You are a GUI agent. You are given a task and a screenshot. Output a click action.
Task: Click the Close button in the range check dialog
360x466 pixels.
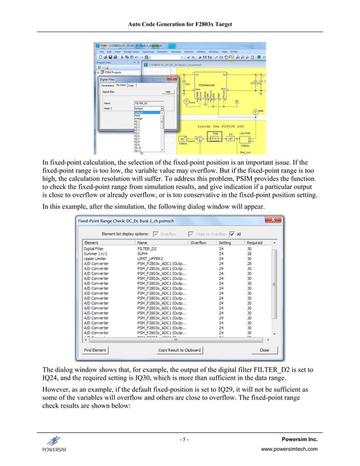(x=264, y=350)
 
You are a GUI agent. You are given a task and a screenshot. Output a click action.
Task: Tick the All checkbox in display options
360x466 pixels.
(x=233, y=234)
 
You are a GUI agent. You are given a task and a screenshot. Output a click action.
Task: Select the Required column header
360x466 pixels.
(x=254, y=243)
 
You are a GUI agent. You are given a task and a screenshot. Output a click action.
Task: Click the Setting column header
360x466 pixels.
(x=225, y=243)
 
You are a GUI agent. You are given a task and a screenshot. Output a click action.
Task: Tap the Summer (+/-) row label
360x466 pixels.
(x=96, y=253)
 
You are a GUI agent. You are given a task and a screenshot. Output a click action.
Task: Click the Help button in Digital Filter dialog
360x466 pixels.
(x=168, y=91)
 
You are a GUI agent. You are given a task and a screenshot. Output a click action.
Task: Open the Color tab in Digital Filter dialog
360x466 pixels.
(x=131, y=86)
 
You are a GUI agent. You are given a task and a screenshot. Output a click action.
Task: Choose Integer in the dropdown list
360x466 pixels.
(x=139, y=118)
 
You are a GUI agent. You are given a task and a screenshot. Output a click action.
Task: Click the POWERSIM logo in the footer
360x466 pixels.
(x=54, y=443)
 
